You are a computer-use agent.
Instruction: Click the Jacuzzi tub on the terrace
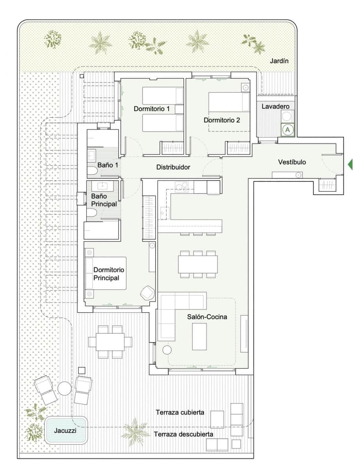click(66, 430)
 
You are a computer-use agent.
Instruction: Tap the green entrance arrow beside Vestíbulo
click(350, 164)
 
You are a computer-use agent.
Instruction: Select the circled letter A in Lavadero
click(288, 129)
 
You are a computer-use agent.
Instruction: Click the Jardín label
click(279, 61)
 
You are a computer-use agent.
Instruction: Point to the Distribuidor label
click(173, 167)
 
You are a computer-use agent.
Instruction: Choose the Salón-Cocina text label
click(207, 317)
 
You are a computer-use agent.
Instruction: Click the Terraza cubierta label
click(180, 412)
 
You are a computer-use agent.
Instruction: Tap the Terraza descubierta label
click(184, 434)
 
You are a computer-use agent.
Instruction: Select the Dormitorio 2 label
click(222, 120)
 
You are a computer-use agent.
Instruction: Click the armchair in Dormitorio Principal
click(147, 292)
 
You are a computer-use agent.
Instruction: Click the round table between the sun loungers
click(64, 388)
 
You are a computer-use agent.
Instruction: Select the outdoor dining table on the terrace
click(111, 341)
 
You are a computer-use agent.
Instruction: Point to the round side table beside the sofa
click(167, 349)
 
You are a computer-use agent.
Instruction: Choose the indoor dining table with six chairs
click(198, 264)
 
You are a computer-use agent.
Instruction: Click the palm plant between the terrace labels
click(135, 431)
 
